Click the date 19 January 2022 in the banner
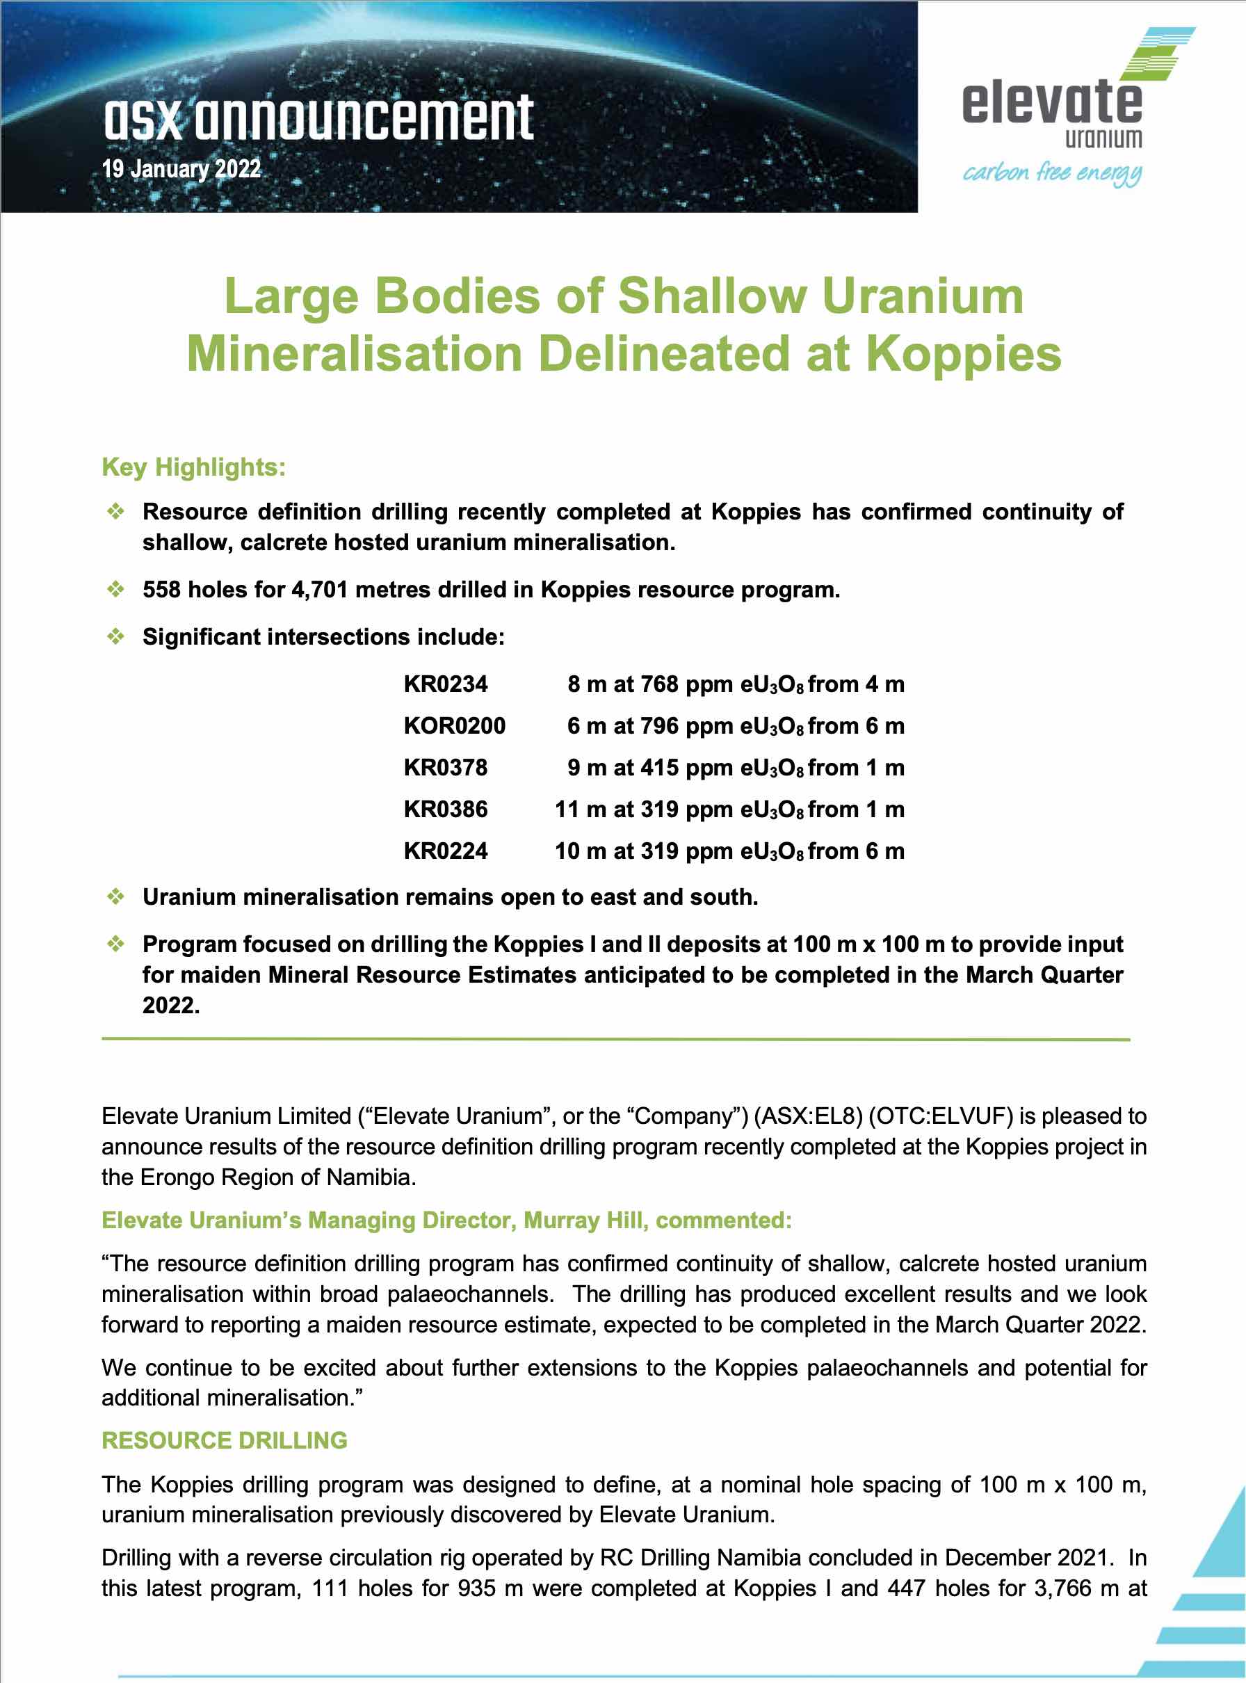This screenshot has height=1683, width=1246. pyautogui.click(x=181, y=168)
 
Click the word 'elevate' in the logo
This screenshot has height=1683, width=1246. pyautogui.click(x=1052, y=103)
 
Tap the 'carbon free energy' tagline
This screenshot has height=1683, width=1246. pyautogui.click(x=1051, y=172)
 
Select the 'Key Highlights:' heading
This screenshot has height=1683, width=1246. pyautogui.click(x=194, y=467)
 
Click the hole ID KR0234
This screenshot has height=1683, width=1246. pyautogui.click(x=446, y=684)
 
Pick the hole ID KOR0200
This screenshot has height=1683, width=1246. pyautogui.click(x=455, y=725)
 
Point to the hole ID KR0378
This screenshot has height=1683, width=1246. pyautogui.click(x=446, y=767)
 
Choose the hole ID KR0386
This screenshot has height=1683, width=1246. pyautogui.click(x=446, y=809)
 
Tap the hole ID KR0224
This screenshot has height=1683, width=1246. pyautogui.click(x=446, y=851)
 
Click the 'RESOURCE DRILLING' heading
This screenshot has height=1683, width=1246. pyautogui.click(x=225, y=1440)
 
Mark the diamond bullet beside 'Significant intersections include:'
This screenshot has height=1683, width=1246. pyautogui.click(x=115, y=636)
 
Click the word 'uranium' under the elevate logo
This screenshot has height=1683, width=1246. pyautogui.click(x=1103, y=139)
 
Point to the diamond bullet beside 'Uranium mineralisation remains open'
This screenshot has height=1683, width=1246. pyautogui.click(x=115, y=897)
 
